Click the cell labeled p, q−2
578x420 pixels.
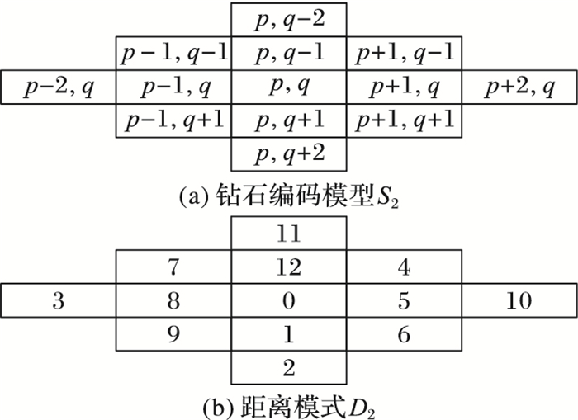click(x=288, y=20)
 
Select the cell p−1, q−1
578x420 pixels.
click(x=173, y=54)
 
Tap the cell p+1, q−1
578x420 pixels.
click(x=404, y=54)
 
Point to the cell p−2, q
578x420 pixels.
click(x=58, y=87)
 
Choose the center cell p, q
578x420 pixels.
click(x=288, y=87)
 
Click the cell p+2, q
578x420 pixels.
click(x=519, y=87)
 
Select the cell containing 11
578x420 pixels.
click(x=288, y=234)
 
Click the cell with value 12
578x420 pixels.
click(x=288, y=268)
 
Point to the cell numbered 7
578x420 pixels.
click(x=173, y=268)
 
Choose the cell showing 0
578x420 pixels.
click(x=288, y=301)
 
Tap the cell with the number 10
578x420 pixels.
click(x=519, y=301)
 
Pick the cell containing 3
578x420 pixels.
click(x=58, y=301)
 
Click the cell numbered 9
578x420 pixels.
click(x=173, y=334)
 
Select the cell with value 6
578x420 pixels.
click(x=404, y=334)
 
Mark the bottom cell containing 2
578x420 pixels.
click(x=288, y=366)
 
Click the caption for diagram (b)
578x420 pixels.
click(x=288, y=404)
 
